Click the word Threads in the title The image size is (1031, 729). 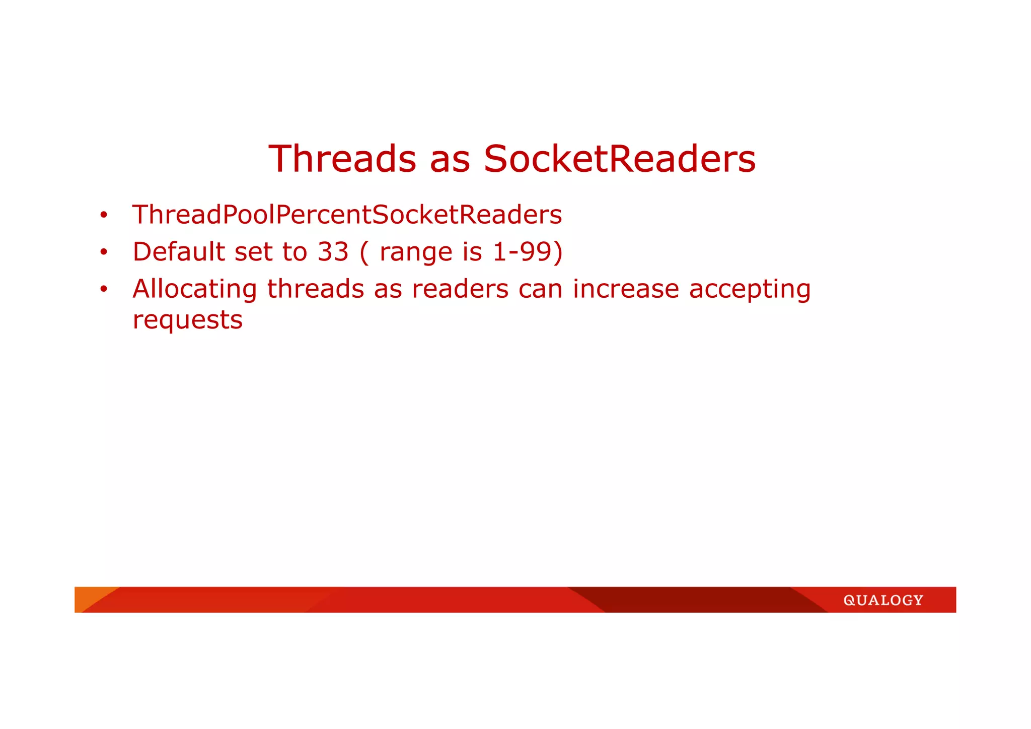point(342,159)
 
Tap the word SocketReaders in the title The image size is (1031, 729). point(620,159)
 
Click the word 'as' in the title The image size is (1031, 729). point(450,160)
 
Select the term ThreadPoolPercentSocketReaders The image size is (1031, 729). point(347,215)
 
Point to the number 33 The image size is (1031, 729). point(333,252)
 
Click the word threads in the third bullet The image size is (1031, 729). point(316,289)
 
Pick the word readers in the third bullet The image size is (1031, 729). point(460,289)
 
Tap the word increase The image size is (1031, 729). point(626,289)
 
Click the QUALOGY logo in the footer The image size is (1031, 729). point(883,601)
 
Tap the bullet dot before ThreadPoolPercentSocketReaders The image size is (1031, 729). point(104,215)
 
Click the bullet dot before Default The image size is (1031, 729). point(104,252)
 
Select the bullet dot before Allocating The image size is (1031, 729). point(104,289)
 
